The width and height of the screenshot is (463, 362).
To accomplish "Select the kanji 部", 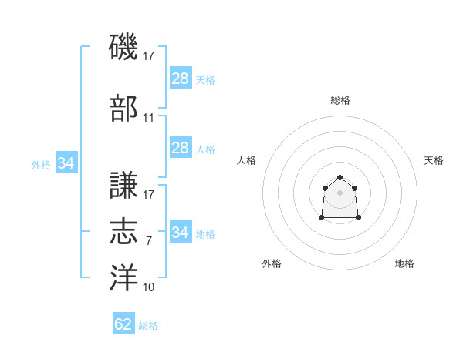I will pyautogui.click(x=123, y=109).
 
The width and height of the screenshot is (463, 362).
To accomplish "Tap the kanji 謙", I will pyautogui.click(x=123, y=186).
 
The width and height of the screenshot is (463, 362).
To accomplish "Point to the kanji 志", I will pyautogui.click(x=123, y=232).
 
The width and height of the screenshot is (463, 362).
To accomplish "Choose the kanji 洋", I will pyautogui.click(x=123, y=277).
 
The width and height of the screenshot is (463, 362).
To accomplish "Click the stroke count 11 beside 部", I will pyautogui.click(x=149, y=118).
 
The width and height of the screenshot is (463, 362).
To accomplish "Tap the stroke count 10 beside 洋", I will pyautogui.click(x=149, y=287).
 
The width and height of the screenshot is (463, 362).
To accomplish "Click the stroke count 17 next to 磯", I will pyautogui.click(x=149, y=55).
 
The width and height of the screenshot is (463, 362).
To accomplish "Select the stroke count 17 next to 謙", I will pyautogui.click(x=149, y=195).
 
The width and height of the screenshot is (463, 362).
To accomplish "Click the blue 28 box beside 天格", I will pyautogui.click(x=181, y=79).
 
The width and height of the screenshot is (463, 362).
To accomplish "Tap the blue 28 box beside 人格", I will pyautogui.click(x=181, y=148).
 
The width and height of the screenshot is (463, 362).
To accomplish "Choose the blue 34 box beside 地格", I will pyautogui.click(x=181, y=232).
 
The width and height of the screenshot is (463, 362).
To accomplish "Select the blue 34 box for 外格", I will pyautogui.click(x=66, y=163).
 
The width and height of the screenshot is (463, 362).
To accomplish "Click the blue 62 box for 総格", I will pyautogui.click(x=123, y=324).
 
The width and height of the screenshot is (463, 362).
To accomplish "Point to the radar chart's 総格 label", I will pyautogui.click(x=340, y=100).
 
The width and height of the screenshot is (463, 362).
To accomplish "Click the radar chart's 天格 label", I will pyautogui.click(x=434, y=160).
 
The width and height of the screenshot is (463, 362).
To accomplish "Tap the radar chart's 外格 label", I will pyautogui.click(x=272, y=263).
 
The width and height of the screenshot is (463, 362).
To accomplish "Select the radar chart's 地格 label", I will pyautogui.click(x=404, y=263).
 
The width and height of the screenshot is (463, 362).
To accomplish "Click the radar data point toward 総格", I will pyautogui.click(x=340, y=178).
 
